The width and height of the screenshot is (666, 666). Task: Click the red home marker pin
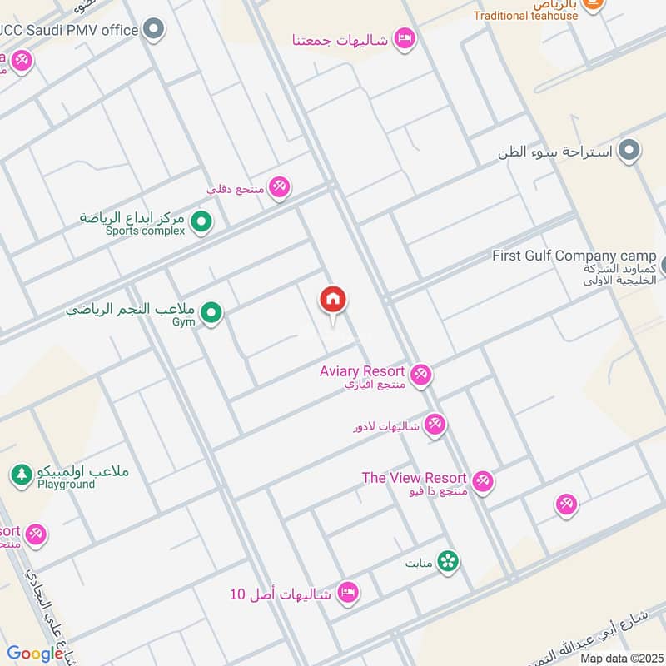coord(333,300)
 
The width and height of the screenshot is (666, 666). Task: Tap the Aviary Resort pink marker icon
coord(421,375)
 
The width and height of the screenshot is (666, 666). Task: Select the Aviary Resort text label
coord(362,371)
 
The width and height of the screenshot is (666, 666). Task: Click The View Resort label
coord(414,478)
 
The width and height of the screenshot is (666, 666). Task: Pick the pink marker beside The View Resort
coord(483,481)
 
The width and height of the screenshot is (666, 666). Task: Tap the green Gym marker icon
coord(211,313)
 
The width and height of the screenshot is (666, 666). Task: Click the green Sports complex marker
coord(201,222)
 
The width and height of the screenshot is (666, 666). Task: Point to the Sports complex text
coord(145,231)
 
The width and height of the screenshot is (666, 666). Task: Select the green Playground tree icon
coord(22,475)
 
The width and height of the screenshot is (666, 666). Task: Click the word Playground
coord(66,485)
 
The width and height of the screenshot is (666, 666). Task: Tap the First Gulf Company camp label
coord(574,256)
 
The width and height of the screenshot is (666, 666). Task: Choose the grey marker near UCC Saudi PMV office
coord(153,31)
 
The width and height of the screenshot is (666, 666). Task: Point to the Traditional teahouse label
coord(525,16)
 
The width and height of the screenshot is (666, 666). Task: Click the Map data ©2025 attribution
coord(619,659)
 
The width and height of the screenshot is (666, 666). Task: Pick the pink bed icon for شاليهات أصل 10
coord(349,593)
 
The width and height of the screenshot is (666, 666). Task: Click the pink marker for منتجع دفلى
coord(280,188)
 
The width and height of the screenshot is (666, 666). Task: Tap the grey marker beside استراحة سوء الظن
coord(630,151)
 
